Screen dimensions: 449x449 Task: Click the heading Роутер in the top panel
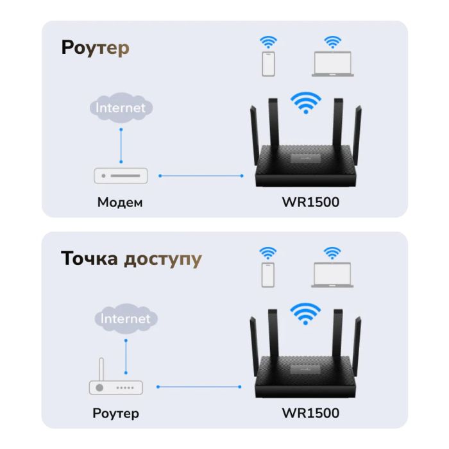(96, 49)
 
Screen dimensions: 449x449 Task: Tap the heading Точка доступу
(131, 259)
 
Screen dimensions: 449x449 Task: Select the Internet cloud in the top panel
(121, 108)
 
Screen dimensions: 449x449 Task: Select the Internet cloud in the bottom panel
(125, 318)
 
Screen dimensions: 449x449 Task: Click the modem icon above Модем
(121, 175)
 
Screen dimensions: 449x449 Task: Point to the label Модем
(120, 203)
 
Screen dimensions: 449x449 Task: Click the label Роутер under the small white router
(115, 413)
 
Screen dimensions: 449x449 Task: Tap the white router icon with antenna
(115, 384)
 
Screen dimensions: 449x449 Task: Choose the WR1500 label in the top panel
(310, 203)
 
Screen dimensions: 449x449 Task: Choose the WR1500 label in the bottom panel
(310, 413)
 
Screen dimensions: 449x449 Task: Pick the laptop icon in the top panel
(333, 65)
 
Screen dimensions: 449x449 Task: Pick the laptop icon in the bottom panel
(332, 275)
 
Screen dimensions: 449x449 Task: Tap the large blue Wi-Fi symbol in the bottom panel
(305, 313)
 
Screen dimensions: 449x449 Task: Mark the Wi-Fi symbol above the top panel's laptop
(332, 42)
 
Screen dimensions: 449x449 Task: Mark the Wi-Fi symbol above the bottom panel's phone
(268, 253)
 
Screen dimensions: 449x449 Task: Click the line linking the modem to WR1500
(200, 175)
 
